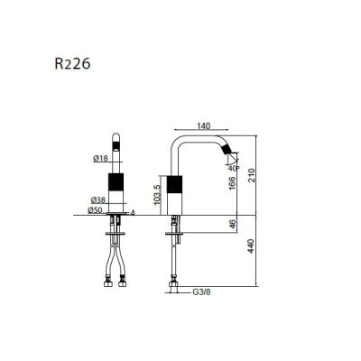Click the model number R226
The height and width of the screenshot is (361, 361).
[72, 63]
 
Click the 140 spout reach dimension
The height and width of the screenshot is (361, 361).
[204, 126]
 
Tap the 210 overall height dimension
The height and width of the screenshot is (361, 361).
[251, 175]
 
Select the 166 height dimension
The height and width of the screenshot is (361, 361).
[232, 183]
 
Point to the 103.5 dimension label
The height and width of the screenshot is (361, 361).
[157, 195]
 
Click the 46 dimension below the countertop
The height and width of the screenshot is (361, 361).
[233, 224]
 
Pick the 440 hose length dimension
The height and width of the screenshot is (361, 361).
[251, 246]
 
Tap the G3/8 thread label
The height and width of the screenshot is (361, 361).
[201, 292]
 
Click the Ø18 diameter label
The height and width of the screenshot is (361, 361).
[100, 158]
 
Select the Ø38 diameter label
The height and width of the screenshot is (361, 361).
[98, 199]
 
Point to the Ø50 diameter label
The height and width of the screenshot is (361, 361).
[95, 210]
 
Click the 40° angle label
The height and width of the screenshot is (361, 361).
[234, 168]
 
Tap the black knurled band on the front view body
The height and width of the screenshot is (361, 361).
[116, 181]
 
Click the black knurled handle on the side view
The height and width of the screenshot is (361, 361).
[174, 184]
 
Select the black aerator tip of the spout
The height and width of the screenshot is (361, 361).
[227, 149]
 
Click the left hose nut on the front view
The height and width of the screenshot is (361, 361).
[108, 283]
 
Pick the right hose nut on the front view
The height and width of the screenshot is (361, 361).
[122, 283]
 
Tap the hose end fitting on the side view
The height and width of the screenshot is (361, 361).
[173, 283]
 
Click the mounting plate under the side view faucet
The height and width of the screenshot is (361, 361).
[174, 234]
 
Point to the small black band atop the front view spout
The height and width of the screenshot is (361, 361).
[116, 146]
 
